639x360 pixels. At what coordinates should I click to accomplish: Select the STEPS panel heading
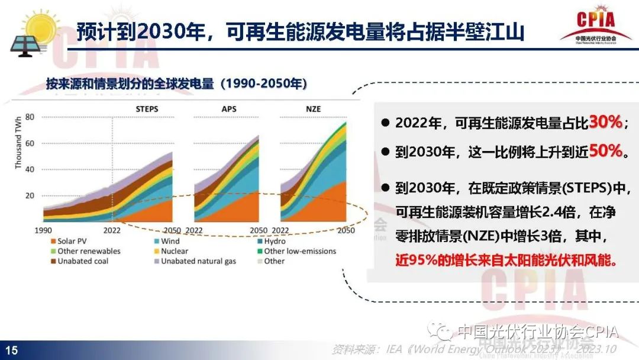click(147, 109)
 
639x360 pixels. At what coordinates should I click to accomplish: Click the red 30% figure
click(605, 123)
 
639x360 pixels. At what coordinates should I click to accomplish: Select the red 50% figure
click(605, 152)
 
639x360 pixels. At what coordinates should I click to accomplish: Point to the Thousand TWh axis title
click(18, 142)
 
